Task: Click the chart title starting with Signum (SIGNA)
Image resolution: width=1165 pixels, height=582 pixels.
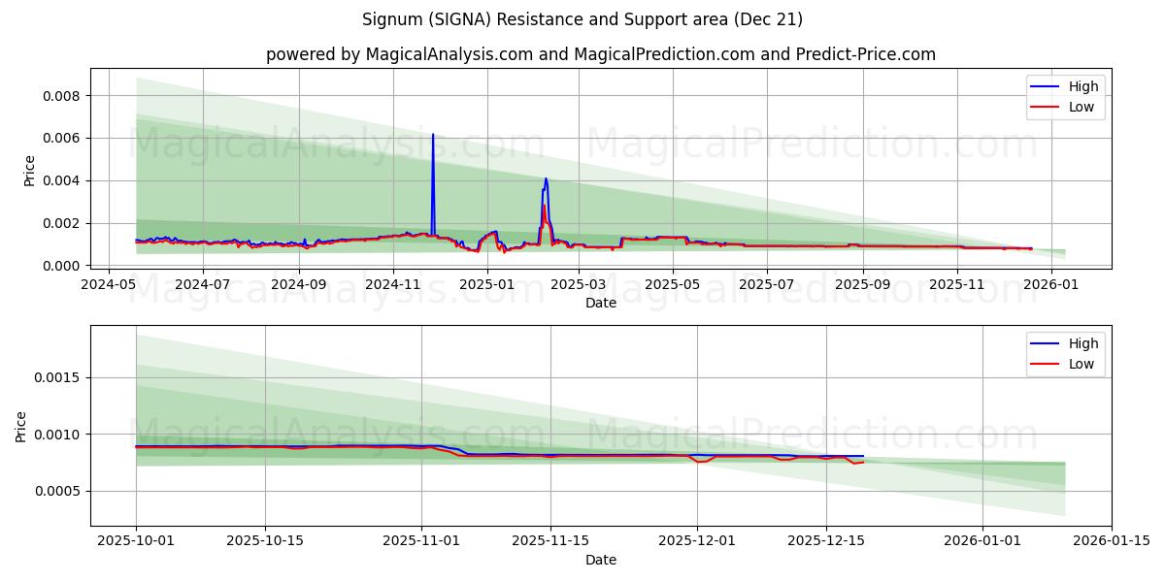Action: pyautogui.click(x=582, y=19)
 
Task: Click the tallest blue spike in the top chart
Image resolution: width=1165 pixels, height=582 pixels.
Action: pyautogui.click(x=433, y=136)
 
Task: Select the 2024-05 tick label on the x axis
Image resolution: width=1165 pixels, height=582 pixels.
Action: pyautogui.click(x=108, y=285)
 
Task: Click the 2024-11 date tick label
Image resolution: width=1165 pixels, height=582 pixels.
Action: pyautogui.click(x=393, y=285)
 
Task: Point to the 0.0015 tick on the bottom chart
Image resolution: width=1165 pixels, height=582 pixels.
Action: pyautogui.click(x=58, y=377)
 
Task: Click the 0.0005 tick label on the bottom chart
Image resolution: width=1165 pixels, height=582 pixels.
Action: pyautogui.click(x=58, y=491)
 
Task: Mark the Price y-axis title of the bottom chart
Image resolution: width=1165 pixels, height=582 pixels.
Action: pyautogui.click(x=21, y=426)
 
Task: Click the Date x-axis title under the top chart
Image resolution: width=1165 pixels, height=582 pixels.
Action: pyautogui.click(x=600, y=303)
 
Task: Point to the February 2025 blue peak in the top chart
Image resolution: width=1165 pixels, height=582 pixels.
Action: pyautogui.click(x=546, y=179)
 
